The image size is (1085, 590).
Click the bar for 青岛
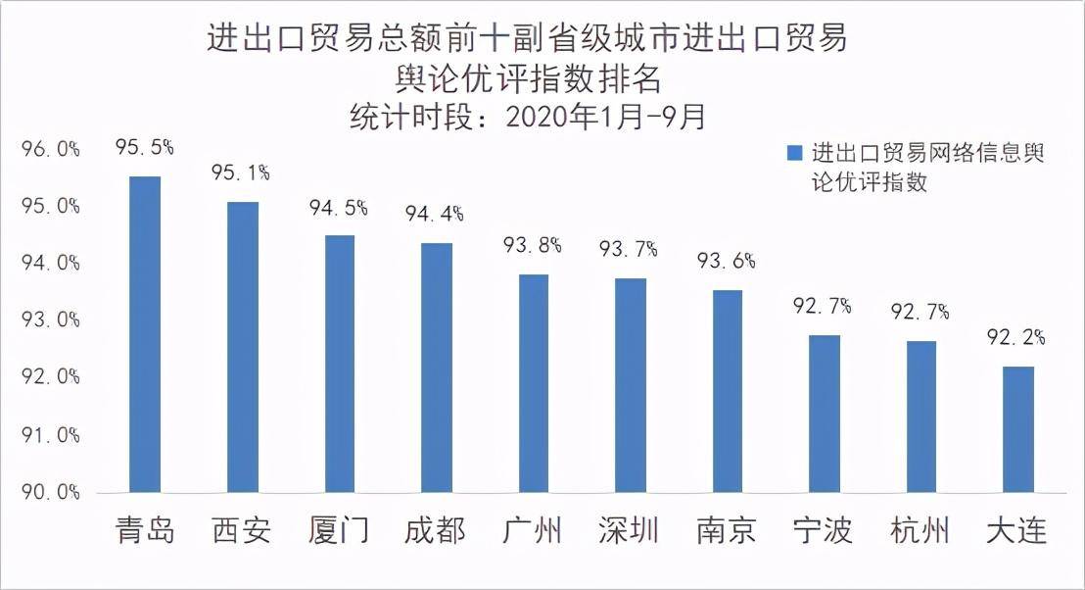[145, 334]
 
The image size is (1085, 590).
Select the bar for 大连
[1017, 429]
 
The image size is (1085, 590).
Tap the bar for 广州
[533, 383]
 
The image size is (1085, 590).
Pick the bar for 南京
[727, 391]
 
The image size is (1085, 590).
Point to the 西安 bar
[242, 347]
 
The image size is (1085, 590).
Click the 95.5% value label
[145, 148]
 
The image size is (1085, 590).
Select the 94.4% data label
[436, 214]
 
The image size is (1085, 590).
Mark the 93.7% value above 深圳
[630, 250]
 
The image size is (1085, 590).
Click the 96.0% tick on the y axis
[50, 150]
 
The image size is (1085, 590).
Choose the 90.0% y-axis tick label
[50, 492]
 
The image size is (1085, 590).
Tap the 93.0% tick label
[50, 321]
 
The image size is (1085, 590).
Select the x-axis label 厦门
[338, 532]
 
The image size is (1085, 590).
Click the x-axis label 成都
[436, 532]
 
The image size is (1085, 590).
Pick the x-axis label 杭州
[920, 532]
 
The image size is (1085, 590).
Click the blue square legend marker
[794, 154]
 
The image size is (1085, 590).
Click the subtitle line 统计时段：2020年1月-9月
[528, 117]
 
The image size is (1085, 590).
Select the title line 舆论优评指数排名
[528, 77]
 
